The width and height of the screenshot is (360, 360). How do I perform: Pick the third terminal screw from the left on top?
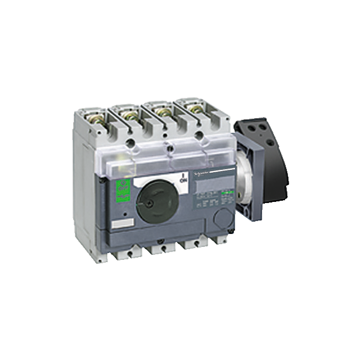pyautogui.click(x=164, y=112)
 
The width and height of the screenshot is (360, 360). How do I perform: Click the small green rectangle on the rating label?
pyautogui.click(x=226, y=194)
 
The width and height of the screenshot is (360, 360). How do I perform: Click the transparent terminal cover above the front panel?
pyautogui.click(x=163, y=155)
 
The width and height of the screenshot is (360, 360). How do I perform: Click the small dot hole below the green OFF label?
pyautogui.click(x=123, y=214)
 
